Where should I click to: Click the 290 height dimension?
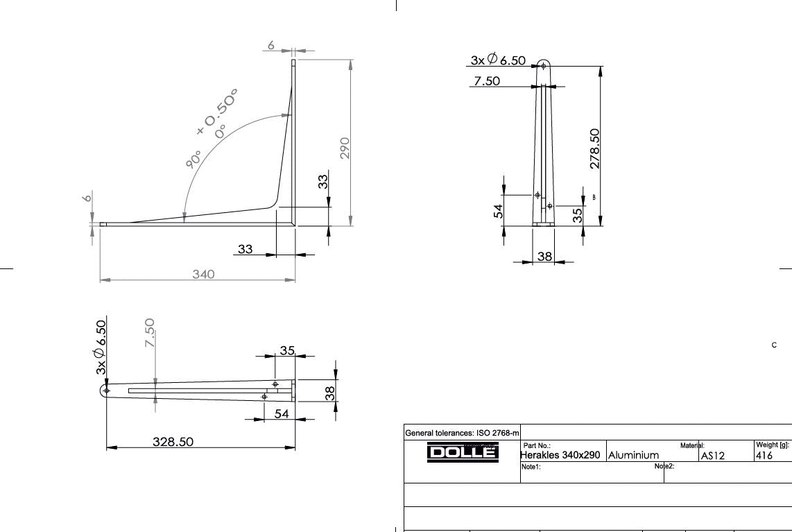pyautogui.click(x=345, y=148)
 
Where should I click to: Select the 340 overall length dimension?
pyautogui.click(x=203, y=274)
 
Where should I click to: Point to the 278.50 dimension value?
pyautogui.click(x=594, y=148)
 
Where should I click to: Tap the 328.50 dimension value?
pyautogui.click(x=173, y=441)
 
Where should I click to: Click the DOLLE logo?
pyautogui.click(x=462, y=452)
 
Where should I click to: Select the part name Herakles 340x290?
pyautogui.click(x=561, y=456)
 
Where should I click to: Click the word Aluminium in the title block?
pyautogui.click(x=633, y=456)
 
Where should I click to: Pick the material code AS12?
pyautogui.click(x=712, y=456)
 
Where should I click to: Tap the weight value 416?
pyautogui.click(x=764, y=456)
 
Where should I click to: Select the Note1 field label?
pyautogui.click(x=531, y=467)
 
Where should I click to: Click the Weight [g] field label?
pyautogui.click(x=772, y=445)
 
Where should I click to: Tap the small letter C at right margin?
pyautogui.click(x=774, y=345)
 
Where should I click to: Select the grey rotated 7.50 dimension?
pyautogui.click(x=150, y=334)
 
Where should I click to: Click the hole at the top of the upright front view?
pyautogui.click(x=544, y=66)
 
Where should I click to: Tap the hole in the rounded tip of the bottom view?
pyautogui.click(x=106, y=391)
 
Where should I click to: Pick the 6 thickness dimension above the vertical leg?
pyautogui.click(x=271, y=46)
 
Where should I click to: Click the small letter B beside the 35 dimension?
pyautogui.click(x=594, y=198)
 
